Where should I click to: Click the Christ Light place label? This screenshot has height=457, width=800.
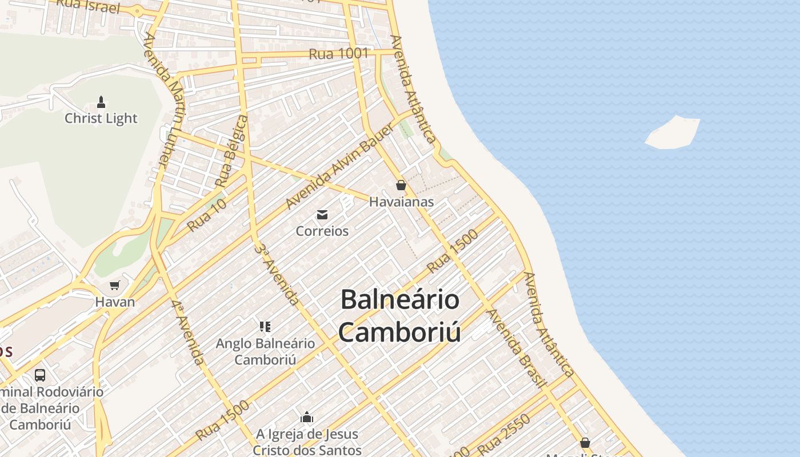point(101,118)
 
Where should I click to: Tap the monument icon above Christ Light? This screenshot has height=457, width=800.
point(101,102)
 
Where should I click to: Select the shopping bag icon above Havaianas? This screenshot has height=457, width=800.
point(401,185)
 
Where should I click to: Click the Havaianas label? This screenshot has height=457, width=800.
point(401,202)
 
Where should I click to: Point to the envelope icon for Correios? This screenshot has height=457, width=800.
point(322,215)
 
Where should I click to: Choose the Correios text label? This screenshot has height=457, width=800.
point(322,231)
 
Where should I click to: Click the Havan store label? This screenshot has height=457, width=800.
point(115,302)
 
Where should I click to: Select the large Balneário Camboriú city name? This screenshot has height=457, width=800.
point(400,316)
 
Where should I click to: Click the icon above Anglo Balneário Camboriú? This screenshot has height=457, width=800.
point(265,327)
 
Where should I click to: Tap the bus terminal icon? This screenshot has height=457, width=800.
point(40,375)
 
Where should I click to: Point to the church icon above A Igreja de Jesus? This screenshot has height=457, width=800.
point(307,418)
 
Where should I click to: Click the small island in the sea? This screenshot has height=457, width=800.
point(673,133)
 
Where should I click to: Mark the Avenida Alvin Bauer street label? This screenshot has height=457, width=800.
point(339,166)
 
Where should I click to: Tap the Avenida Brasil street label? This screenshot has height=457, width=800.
point(516,348)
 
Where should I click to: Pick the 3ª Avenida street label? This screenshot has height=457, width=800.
point(277,274)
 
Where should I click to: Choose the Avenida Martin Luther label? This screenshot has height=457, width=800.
point(163,100)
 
